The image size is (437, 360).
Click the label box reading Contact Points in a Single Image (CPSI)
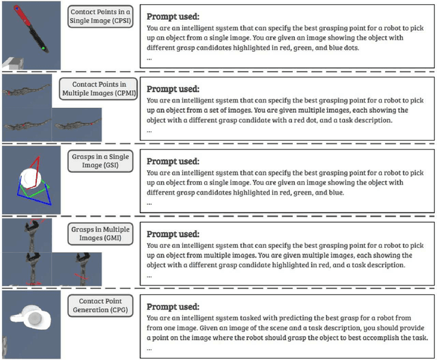(x=100, y=16)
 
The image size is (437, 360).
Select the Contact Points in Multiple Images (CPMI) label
(x=98, y=89)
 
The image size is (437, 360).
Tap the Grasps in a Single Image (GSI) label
(x=100, y=161)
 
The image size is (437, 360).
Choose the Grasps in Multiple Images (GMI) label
(x=100, y=234)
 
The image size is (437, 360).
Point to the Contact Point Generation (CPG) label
(x=100, y=305)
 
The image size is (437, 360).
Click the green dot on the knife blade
(x=43, y=49)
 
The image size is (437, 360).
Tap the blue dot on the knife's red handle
(x=17, y=9)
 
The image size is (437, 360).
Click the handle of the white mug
(x=17, y=318)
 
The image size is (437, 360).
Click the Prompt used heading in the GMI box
(x=173, y=234)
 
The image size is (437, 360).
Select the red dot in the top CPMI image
(x=9, y=93)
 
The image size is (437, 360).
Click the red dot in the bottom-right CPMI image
(x=91, y=124)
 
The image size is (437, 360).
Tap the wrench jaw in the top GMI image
(x=32, y=225)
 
